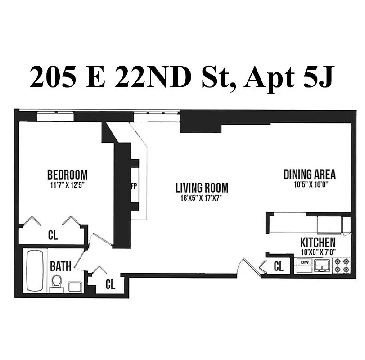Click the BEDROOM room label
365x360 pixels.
pos(67,174)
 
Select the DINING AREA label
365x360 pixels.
pos(310,174)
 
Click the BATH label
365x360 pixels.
pos(60,266)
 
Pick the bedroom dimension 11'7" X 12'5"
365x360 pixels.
pos(67,184)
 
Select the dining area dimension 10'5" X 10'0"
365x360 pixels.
pos(310,184)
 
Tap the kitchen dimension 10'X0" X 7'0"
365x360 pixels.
pos(318,252)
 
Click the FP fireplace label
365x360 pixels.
pos(134,186)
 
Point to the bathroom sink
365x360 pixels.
pos(75,287)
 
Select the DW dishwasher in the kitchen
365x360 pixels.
pos(304,262)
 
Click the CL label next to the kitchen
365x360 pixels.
pos(279,266)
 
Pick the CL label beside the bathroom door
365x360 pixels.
pos(110,284)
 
